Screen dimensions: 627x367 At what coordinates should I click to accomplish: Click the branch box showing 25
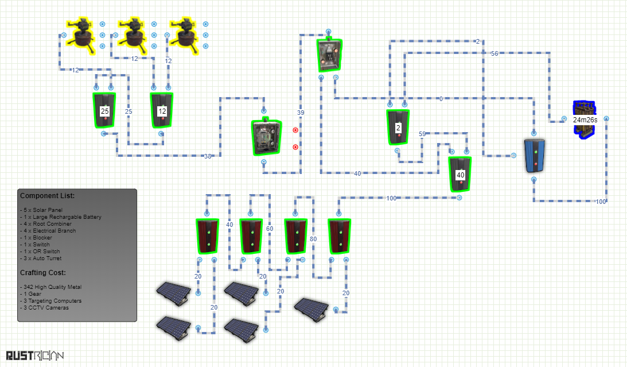tap(104, 110)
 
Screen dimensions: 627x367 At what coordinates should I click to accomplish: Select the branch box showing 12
tap(162, 110)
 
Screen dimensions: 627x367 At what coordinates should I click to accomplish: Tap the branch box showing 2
tap(398, 128)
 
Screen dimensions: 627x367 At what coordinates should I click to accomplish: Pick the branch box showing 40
tap(460, 175)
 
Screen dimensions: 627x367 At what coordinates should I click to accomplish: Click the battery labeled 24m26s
tap(585, 119)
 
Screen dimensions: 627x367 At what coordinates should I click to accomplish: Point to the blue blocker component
tap(534, 156)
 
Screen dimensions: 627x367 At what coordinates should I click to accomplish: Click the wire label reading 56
tap(494, 53)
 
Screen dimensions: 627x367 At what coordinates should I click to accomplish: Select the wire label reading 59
tap(422, 134)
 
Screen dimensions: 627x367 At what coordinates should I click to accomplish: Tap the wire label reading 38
tap(208, 156)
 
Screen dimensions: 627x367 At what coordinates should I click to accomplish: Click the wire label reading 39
tap(301, 113)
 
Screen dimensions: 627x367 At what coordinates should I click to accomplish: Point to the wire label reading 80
tap(313, 239)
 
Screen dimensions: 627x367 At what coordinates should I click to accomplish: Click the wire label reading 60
tap(270, 229)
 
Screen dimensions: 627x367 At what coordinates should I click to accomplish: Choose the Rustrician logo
tap(35, 356)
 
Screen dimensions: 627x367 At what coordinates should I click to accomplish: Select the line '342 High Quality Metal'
tap(52, 287)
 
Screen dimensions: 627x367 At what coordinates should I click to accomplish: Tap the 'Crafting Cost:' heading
tap(43, 273)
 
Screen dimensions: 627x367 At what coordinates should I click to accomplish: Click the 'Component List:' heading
tap(47, 196)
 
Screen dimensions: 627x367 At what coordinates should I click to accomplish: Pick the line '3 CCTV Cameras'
tap(46, 307)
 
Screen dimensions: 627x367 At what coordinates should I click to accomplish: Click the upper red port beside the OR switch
tap(295, 130)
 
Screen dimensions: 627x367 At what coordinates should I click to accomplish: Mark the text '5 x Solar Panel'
tap(43, 210)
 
